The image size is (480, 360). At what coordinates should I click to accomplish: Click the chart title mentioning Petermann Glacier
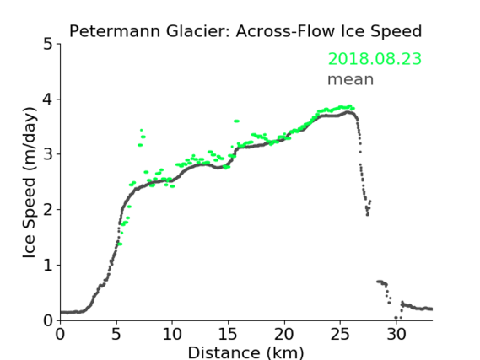tap(245, 31)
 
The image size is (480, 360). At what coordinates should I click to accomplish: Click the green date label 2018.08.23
tap(375, 59)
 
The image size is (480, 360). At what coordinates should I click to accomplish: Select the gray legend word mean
tap(351, 79)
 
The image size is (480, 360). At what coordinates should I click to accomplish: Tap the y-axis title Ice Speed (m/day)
tap(30, 183)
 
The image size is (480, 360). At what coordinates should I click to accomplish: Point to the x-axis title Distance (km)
tap(245, 352)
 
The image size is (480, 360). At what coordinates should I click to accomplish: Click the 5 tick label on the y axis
tap(48, 45)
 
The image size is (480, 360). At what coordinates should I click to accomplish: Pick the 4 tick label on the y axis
tap(48, 99)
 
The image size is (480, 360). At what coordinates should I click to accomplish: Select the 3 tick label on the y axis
tap(48, 154)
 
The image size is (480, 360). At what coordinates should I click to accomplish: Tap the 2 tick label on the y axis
tap(48, 210)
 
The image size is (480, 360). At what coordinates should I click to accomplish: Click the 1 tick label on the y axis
tap(48, 266)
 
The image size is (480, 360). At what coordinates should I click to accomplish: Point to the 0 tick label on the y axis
tap(48, 320)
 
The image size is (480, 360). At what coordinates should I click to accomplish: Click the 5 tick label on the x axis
tap(116, 334)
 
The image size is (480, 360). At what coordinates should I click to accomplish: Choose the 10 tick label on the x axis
tap(172, 334)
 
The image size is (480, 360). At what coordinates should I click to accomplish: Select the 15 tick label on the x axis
tap(228, 334)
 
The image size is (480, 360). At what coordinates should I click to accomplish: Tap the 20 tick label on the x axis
tap(284, 334)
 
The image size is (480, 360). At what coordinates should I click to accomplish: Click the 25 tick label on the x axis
tap(340, 334)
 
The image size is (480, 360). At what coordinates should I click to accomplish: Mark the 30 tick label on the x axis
tap(396, 334)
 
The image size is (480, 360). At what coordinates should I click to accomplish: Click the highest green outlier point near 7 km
tap(141, 130)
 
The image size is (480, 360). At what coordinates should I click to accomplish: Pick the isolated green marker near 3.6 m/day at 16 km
tap(236, 121)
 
